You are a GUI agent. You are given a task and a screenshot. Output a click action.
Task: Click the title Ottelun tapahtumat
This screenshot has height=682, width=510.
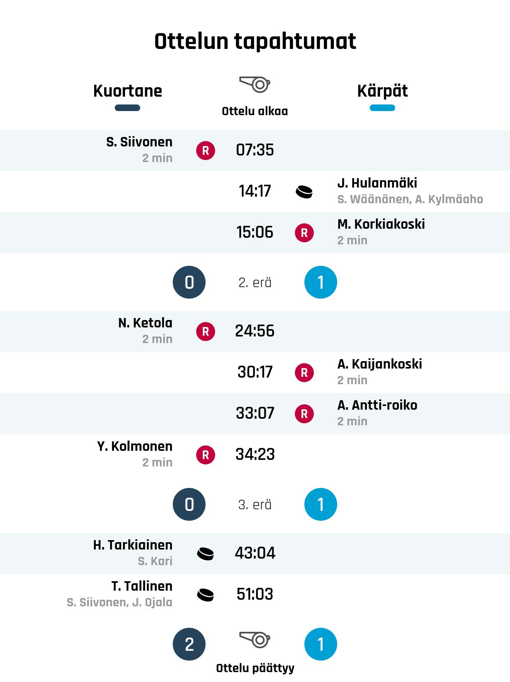click(x=255, y=42)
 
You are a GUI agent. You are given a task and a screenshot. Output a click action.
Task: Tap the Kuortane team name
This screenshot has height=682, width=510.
click(x=128, y=91)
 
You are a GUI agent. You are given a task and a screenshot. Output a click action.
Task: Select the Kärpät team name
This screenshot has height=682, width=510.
click(x=382, y=91)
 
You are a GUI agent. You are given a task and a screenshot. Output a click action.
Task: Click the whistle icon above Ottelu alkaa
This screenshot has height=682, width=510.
click(x=255, y=84)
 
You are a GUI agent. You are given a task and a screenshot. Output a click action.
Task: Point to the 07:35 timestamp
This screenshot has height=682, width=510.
click(x=255, y=150)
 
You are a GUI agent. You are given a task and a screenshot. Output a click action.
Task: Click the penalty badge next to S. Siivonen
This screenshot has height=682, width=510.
click(x=206, y=151)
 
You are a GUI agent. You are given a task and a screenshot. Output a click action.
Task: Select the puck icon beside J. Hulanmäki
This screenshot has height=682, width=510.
click(x=304, y=192)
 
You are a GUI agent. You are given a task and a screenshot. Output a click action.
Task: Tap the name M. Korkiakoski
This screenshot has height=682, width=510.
click(x=381, y=224)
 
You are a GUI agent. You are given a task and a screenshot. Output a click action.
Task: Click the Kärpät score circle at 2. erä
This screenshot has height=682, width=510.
click(x=321, y=282)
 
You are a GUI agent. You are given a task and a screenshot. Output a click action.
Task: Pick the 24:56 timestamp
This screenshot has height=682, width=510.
click(x=255, y=331)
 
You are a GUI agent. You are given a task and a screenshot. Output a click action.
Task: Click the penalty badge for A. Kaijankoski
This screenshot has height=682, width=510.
click(x=304, y=373)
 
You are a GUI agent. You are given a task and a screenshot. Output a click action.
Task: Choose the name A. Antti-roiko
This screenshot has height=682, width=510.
click(x=377, y=405)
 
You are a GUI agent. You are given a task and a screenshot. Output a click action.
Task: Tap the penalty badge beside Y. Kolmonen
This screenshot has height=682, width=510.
click(x=206, y=455)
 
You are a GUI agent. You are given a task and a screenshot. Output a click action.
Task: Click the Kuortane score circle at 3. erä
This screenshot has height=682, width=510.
click(x=189, y=504)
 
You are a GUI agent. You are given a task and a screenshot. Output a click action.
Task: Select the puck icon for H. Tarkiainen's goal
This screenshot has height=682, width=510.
click(x=206, y=554)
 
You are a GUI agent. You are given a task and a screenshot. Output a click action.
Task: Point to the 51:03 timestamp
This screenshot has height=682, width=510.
click(x=255, y=594)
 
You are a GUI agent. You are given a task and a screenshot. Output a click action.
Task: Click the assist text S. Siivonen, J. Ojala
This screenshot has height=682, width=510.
click(x=119, y=603)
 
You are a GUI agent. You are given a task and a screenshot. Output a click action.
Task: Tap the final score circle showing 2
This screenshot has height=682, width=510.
click(x=189, y=644)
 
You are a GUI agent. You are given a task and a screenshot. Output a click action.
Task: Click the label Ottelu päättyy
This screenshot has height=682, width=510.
click(x=255, y=668)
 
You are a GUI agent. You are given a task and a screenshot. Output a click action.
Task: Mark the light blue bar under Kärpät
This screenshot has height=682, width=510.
click(x=382, y=108)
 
